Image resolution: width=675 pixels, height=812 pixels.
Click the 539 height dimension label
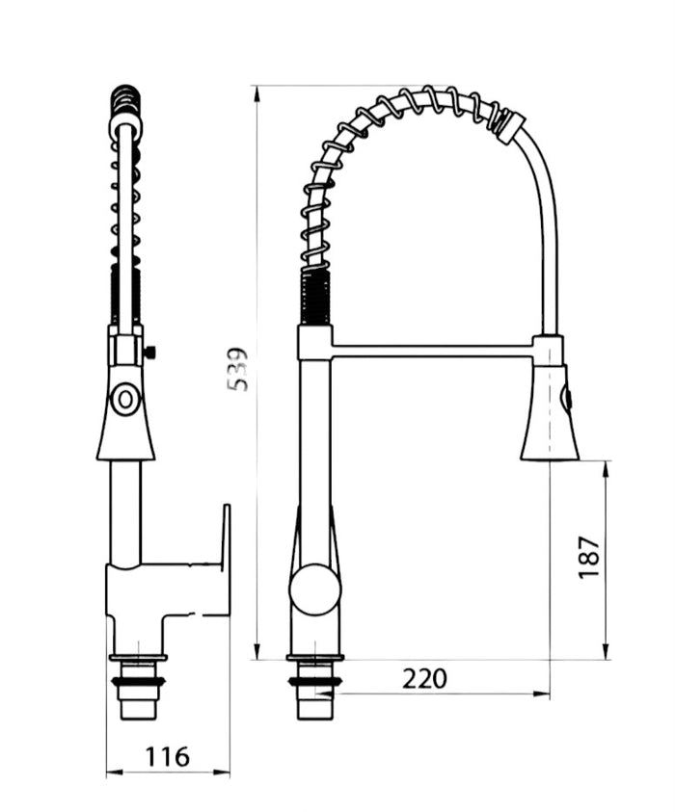(x=238, y=369)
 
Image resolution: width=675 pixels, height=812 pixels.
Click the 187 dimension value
(x=589, y=558)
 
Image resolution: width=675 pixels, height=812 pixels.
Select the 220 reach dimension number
(x=424, y=679)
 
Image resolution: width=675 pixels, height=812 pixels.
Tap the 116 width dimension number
(x=167, y=757)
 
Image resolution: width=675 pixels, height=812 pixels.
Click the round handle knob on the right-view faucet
(x=314, y=589)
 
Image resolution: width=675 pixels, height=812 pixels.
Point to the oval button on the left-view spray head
(x=125, y=398)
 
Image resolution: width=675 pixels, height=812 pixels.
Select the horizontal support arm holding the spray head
(x=434, y=347)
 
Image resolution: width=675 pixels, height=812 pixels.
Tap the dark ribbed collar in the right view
(x=314, y=297)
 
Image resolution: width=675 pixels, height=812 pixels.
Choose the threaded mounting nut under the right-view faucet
(x=314, y=683)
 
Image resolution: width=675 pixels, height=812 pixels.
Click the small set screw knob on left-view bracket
(x=150, y=353)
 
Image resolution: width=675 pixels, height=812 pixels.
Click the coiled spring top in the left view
(x=125, y=97)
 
